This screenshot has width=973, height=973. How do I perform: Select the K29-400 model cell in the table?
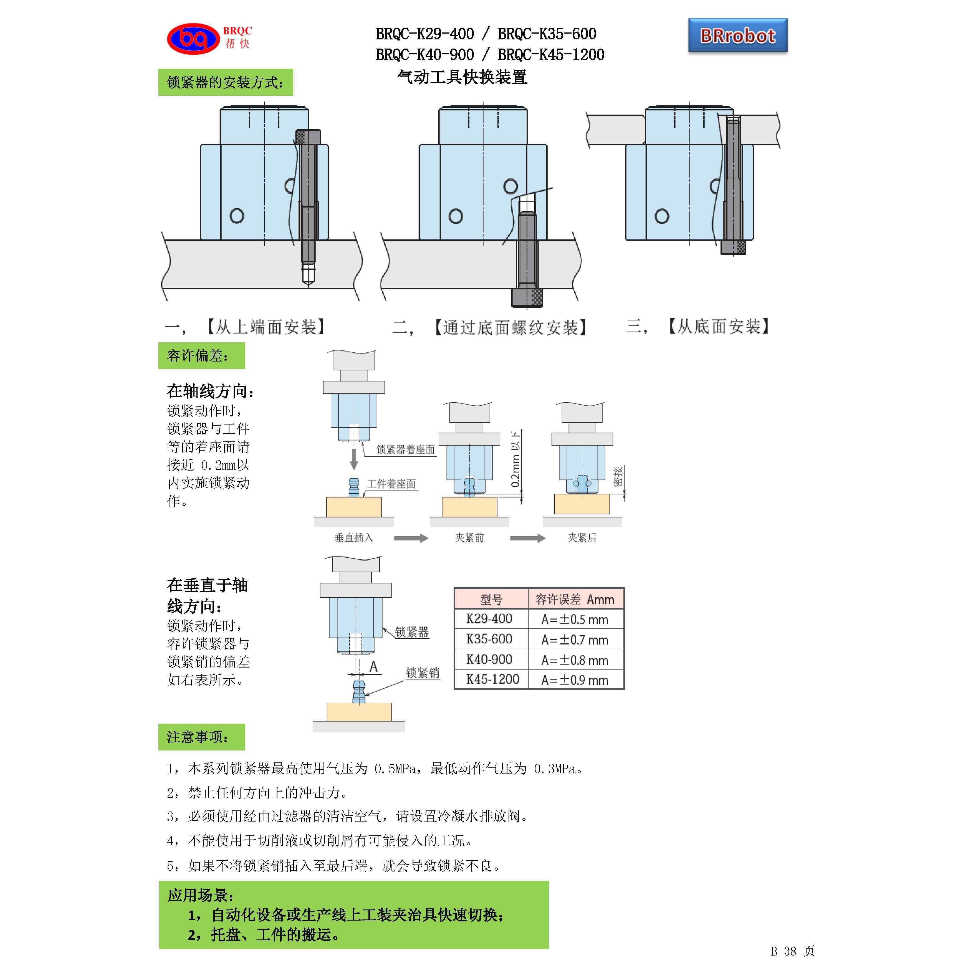pyautogui.click(x=489, y=619)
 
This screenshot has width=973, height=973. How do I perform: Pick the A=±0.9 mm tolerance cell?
pyautogui.click(x=575, y=680)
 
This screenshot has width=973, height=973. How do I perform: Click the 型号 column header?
pyautogui.click(x=491, y=599)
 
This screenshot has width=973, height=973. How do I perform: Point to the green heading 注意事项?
pyautogui.click(x=201, y=737)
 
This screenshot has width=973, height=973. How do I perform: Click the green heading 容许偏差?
pyautogui.click(x=201, y=356)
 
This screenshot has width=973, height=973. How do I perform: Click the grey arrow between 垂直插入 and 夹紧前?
pyautogui.click(x=410, y=538)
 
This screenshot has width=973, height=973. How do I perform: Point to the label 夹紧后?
pyautogui.click(x=582, y=538)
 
